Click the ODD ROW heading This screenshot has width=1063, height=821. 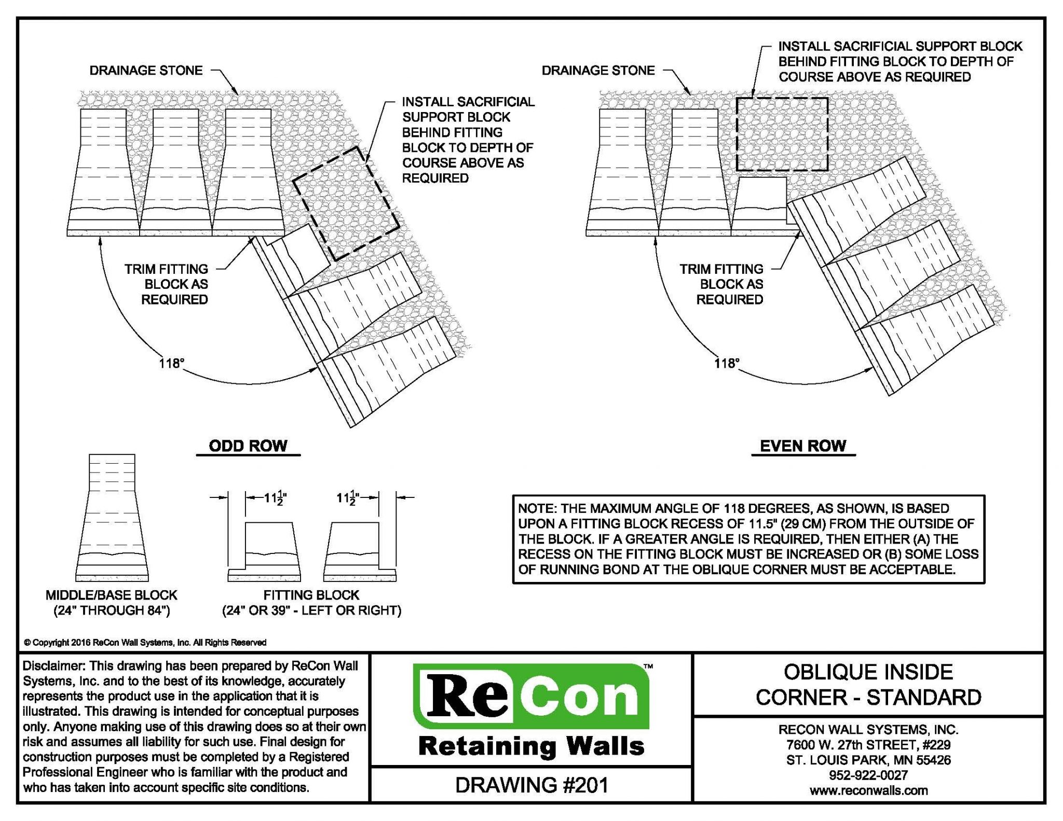point(248,446)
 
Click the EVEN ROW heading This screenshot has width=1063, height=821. point(802,446)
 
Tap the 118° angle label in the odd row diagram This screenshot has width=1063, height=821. point(172,363)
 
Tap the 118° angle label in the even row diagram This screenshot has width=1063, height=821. point(726,363)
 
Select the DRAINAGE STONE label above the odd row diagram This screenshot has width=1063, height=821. point(146,71)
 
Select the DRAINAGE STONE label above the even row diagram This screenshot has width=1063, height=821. point(598,71)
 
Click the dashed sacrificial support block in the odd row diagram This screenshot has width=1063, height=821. point(346,203)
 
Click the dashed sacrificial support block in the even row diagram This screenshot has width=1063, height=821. point(782,134)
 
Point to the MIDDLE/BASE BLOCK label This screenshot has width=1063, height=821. point(112,595)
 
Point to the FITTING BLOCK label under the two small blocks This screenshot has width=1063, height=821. point(311,595)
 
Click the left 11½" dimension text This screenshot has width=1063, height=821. point(275,498)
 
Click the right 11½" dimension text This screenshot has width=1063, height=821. point(348,498)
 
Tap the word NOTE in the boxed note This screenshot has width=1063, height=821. point(536,509)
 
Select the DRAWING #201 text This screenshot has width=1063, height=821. point(531,785)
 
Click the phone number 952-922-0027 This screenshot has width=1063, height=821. point(868,775)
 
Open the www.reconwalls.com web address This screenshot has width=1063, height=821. point(868,790)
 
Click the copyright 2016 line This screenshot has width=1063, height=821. point(145,643)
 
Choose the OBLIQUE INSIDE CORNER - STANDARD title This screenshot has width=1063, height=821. point(868,685)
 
